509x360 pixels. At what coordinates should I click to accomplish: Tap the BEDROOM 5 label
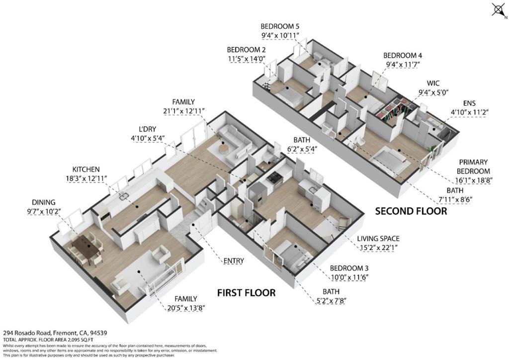click(280, 26)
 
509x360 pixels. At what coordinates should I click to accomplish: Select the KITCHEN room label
click(86, 170)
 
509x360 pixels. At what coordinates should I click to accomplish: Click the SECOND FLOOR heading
click(411, 211)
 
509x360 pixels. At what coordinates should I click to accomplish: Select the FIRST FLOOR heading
click(246, 293)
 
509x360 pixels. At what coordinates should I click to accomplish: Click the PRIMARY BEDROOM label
click(473, 167)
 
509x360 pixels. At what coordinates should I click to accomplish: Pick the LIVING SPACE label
click(378, 239)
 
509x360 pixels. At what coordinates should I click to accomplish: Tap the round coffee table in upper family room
click(223, 148)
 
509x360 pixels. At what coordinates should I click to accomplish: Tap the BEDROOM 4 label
click(402, 56)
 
